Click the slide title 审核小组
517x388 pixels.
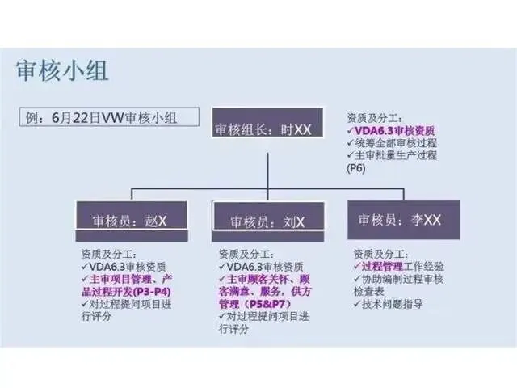pos(62,70)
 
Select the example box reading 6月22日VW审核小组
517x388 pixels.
pos(108,116)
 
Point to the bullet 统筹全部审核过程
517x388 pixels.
pos(392,142)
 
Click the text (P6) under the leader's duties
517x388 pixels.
pos(356,168)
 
